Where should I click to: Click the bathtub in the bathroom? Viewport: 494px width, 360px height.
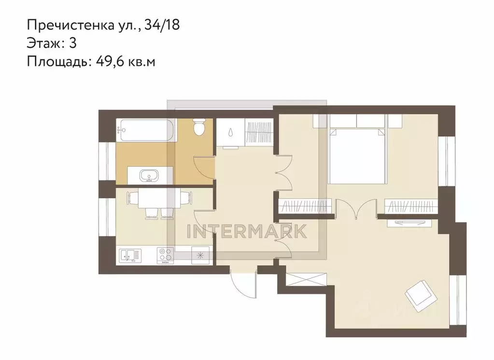pyautogui.click(x=147, y=130)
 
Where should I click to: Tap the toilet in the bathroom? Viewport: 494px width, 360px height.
pyautogui.click(x=199, y=127)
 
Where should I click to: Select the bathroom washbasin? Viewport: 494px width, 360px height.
pyautogui.click(x=150, y=175)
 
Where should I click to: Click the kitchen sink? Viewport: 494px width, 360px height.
pyautogui.click(x=130, y=255)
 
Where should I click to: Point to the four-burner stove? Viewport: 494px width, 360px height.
pyautogui.click(x=166, y=255)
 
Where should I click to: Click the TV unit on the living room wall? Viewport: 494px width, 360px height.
pyautogui.click(x=409, y=222)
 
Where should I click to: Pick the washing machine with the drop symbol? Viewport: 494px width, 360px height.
pyautogui.click(x=231, y=133)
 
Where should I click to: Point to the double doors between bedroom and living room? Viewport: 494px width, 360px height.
pyautogui.click(x=356, y=209)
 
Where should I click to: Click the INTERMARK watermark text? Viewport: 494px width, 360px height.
pyautogui.click(x=247, y=232)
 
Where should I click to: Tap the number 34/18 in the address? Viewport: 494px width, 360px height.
pyautogui.click(x=162, y=25)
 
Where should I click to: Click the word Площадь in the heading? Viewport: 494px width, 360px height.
pyautogui.click(x=58, y=62)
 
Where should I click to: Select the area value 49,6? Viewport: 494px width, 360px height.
pyautogui.click(x=110, y=62)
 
